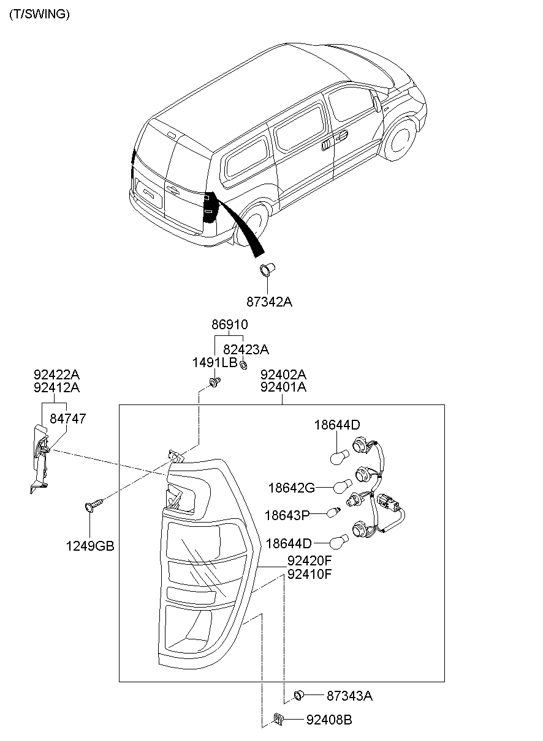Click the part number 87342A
click(269, 301)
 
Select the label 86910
click(230, 325)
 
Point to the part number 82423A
click(246, 349)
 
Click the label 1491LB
click(215, 362)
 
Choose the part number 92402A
click(283, 374)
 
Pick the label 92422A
click(56, 374)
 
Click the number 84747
click(67, 419)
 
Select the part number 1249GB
click(90, 546)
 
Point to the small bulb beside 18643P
click(333, 512)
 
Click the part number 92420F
click(309, 560)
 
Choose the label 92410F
click(309, 574)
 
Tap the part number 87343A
click(349, 695)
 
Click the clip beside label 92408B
click(277, 720)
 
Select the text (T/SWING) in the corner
click(39, 15)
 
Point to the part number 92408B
click(329, 720)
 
